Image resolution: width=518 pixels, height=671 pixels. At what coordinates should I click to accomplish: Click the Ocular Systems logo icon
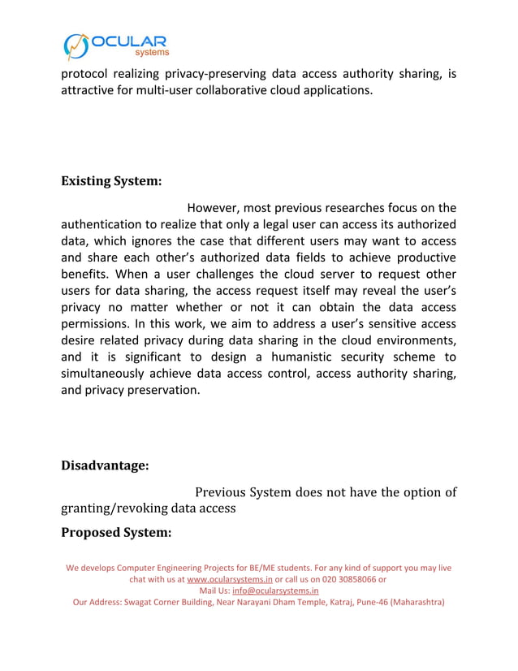77,46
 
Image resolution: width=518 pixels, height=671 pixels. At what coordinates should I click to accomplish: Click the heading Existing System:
111,180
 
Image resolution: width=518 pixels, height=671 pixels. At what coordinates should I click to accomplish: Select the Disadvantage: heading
105,465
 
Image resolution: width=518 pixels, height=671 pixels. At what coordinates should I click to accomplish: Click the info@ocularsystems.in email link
275,591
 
